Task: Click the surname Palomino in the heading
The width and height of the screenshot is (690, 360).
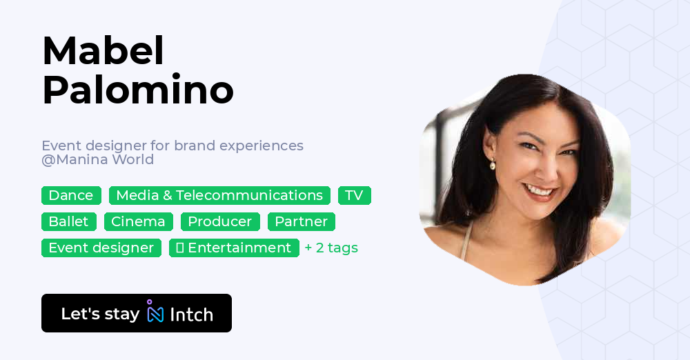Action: (x=138, y=90)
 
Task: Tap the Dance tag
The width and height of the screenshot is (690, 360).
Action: (x=71, y=195)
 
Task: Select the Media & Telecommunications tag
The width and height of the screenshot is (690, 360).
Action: (x=219, y=195)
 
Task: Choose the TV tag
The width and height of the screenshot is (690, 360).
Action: (x=354, y=195)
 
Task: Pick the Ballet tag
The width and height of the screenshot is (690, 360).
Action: (x=68, y=221)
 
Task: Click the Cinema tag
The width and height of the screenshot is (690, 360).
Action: (x=138, y=221)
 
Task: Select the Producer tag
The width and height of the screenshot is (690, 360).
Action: (x=220, y=221)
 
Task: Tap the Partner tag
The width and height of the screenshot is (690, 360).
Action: (x=301, y=221)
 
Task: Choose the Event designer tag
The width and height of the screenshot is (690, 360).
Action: (x=101, y=248)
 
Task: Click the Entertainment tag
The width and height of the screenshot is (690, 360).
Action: (x=234, y=248)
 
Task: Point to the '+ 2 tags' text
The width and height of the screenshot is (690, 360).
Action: (x=331, y=248)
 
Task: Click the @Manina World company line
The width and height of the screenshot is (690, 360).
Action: (x=97, y=160)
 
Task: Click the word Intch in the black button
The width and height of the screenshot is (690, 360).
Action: (x=191, y=314)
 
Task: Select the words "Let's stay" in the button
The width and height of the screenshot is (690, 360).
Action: (x=100, y=314)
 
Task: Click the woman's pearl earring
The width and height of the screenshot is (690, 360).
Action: (x=493, y=164)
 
